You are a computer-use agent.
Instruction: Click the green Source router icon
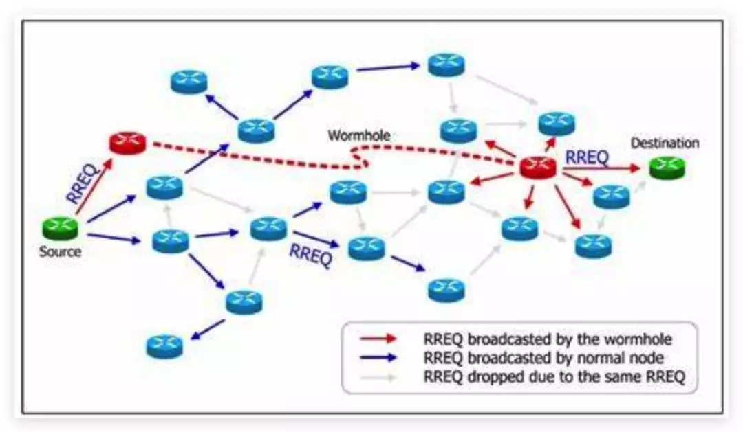60,228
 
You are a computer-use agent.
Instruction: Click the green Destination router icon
667,168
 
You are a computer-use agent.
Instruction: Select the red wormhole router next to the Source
127,143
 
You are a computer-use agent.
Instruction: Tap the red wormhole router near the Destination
538,167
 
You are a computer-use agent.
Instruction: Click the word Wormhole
359,136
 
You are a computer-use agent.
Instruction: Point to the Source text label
60,251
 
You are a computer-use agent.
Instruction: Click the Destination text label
665,143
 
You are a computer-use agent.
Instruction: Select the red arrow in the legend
378,339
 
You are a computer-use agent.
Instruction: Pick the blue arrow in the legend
378,358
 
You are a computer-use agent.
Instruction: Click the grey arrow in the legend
378,377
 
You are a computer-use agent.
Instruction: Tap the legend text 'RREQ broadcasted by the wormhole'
548,339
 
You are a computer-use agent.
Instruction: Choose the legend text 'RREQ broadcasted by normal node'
543,358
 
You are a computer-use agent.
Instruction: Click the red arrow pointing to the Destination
601,168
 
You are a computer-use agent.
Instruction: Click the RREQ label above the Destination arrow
587,157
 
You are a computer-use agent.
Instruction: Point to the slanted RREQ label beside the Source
81,183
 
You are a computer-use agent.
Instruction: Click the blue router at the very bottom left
164,346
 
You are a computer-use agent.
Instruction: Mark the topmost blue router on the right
446,65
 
